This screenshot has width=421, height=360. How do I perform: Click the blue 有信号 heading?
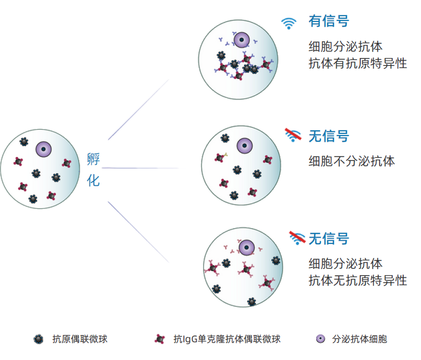pyautogui.click(x=329, y=21)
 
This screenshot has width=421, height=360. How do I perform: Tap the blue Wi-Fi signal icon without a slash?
pyautogui.click(x=288, y=22)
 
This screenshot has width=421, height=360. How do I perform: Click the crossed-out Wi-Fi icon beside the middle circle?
pyautogui.click(x=293, y=135)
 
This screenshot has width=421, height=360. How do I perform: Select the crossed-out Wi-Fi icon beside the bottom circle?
pyautogui.click(x=297, y=238)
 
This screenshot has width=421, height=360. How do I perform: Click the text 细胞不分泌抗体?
pyautogui.click(x=352, y=161)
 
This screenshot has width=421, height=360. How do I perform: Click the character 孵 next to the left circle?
pyautogui.click(x=93, y=159)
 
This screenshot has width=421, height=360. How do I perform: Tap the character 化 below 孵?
pyautogui.click(x=93, y=181)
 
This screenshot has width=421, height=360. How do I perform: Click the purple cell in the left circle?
pyautogui.click(x=44, y=150)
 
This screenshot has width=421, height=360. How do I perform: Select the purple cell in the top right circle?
pyautogui.click(x=241, y=39)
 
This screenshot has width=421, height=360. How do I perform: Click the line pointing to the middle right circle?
pyautogui.click(x=141, y=168)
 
